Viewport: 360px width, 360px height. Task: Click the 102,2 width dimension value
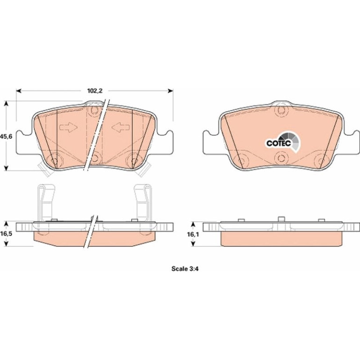94,91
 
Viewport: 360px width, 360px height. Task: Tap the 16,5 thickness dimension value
6,234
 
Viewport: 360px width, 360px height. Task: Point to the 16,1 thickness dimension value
193,234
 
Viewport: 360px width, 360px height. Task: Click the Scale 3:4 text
185,269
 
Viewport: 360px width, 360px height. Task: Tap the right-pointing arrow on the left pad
68,127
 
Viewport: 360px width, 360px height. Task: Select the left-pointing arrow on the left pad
121,127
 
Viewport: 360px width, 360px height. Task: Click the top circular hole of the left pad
94,110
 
